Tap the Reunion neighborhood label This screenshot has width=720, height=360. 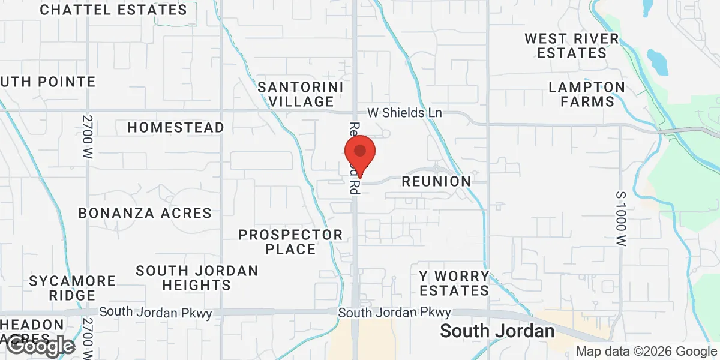pyautogui.click(x=436, y=181)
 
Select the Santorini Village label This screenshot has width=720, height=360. pyautogui.click(x=301, y=94)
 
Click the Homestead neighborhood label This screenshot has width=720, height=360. pyautogui.click(x=176, y=127)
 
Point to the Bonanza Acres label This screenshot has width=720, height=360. pyautogui.click(x=145, y=213)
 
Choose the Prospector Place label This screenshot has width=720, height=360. pyautogui.click(x=290, y=241)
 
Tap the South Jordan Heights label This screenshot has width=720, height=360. pyautogui.click(x=197, y=278)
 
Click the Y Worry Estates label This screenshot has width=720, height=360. pyautogui.click(x=454, y=283)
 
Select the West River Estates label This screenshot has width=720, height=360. pyautogui.click(x=571, y=46)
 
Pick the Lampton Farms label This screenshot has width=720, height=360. pyautogui.click(x=587, y=94)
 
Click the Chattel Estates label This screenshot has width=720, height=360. pyautogui.click(x=114, y=10)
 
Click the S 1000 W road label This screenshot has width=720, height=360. pyautogui.click(x=622, y=220)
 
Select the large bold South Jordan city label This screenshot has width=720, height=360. pyautogui.click(x=497, y=331)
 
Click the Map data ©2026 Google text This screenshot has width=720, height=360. pyautogui.click(x=646, y=352)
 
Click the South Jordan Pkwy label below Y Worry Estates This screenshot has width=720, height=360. pyautogui.click(x=394, y=313)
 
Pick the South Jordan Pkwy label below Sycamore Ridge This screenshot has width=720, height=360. pyautogui.click(x=147, y=312)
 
